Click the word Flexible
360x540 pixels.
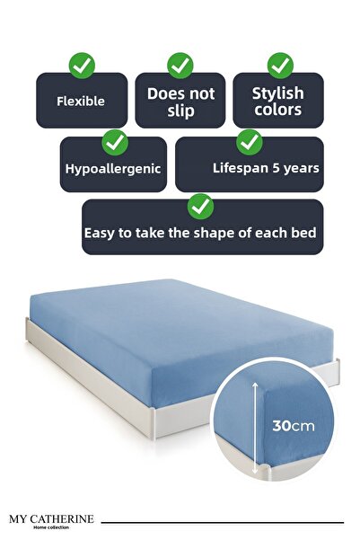pyautogui.click(x=80, y=102)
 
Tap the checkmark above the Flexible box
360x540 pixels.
pyautogui.click(x=82, y=65)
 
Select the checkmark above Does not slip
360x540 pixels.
pyautogui.click(x=180, y=65)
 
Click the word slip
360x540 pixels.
pyautogui.click(x=180, y=110)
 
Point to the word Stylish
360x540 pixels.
pyautogui.click(x=277, y=93)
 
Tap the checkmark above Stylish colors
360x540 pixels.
pyautogui.click(x=280, y=65)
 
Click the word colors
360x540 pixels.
pyautogui.click(x=277, y=111)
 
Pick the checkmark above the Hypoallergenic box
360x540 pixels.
pyautogui.click(x=114, y=141)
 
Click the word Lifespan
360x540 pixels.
pyautogui.click(x=238, y=167)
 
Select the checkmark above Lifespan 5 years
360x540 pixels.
pyautogui.click(x=250, y=141)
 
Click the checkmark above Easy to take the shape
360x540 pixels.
pyautogui.click(x=200, y=207)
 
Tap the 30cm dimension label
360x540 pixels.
pyautogui.click(x=295, y=425)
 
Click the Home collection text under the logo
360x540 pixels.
pyautogui.click(x=52, y=528)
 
